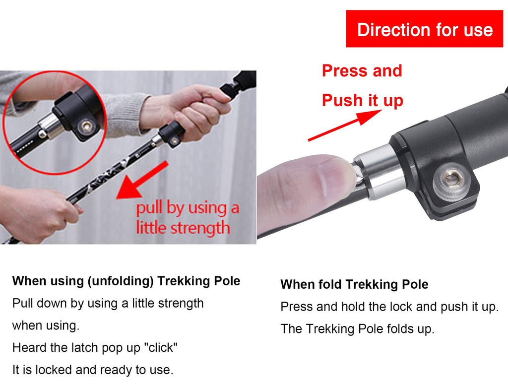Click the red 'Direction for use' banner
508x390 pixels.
[x=425, y=29]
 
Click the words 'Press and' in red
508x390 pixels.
[x=362, y=71]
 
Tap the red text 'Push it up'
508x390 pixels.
[x=362, y=100]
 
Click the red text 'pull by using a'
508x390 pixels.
[x=187, y=208]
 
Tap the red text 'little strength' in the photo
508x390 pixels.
[x=183, y=228]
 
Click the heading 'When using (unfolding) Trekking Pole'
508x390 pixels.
[x=126, y=281]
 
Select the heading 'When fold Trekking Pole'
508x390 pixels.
[x=354, y=285]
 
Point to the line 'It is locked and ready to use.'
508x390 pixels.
[x=93, y=370]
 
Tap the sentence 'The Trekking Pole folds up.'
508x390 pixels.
[x=357, y=329]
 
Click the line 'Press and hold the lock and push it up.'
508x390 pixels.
[x=389, y=307]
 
